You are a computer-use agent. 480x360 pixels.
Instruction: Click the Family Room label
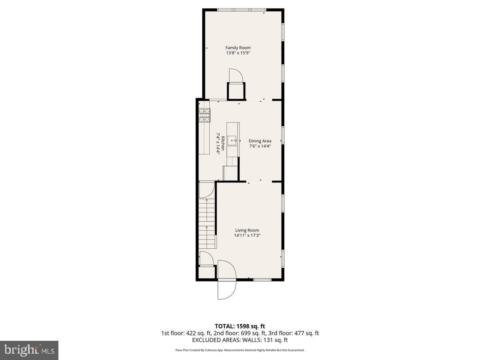click(238, 48)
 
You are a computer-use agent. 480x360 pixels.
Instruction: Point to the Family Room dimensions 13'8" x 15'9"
click(238, 53)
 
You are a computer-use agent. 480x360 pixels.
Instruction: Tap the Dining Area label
click(260, 141)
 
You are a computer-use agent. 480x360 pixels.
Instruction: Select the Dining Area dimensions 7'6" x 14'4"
click(260, 146)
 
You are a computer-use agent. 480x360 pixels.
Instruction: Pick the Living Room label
click(247, 230)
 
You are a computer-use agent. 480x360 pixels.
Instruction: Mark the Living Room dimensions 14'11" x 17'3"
click(247, 236)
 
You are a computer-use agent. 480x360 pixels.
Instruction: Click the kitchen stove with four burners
click(204, 115)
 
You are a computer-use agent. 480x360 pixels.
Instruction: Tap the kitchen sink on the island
click(232, 140)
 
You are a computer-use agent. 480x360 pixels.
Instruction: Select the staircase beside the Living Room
click(207, 224)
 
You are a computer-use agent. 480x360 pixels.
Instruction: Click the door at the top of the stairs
click(206, 190)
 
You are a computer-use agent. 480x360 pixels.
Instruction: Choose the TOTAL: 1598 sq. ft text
click(240, 326)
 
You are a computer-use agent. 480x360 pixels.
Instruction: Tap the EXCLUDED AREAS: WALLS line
click(240, 340)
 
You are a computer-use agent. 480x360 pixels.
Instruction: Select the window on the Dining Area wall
click(283, 135)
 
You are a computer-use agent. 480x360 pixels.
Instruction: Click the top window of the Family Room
click(241, 10)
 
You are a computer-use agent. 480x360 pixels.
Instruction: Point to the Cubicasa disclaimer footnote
click(240, 350)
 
